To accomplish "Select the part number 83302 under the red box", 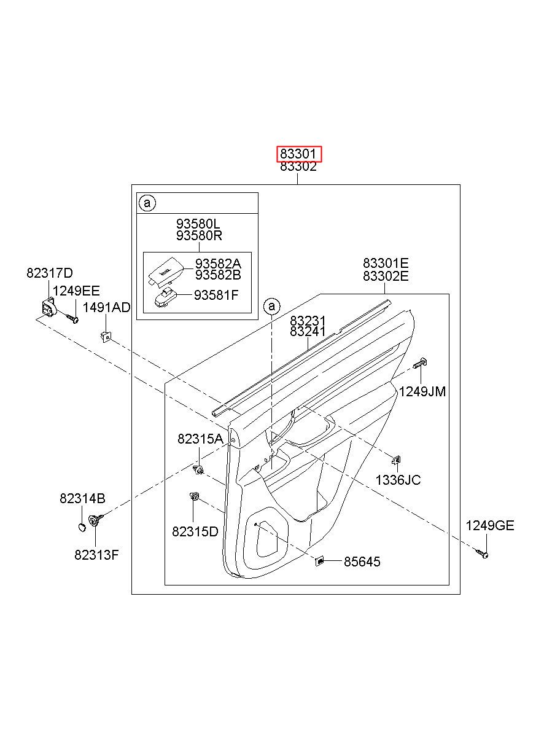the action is [298, 166].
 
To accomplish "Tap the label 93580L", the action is [198, 224].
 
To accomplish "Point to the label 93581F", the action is [216, 295].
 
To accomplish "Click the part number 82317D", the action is [50, 273].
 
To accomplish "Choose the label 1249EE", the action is [76, 291].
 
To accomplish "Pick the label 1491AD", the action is [106, 308].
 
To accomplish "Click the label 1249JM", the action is [422, 392].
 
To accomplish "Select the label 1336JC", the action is [398, 480].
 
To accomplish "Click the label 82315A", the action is [200, 439].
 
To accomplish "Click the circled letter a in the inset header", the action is [147, 203].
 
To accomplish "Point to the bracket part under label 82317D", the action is [49, 307].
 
